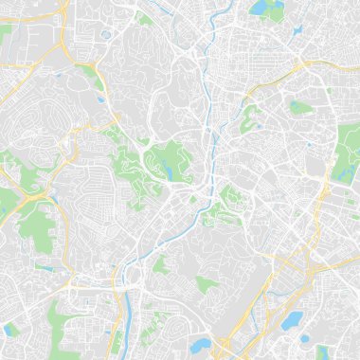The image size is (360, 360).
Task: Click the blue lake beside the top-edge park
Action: tap(258, 9)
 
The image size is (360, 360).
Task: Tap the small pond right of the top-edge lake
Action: tap(297, 29)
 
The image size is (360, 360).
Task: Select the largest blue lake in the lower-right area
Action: tap(293, 320)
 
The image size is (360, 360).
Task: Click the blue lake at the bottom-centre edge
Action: tap(200, 346)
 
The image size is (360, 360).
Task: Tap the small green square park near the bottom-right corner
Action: tap(321, 351)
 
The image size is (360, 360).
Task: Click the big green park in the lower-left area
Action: tap(36, 224)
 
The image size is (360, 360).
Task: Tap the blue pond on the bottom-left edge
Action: tap(10, 330)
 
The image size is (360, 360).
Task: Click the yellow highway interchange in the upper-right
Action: tap(301, 64)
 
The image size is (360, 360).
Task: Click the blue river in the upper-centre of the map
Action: tap(210, 114)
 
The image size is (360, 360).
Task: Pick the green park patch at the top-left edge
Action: tap(6, 30)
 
